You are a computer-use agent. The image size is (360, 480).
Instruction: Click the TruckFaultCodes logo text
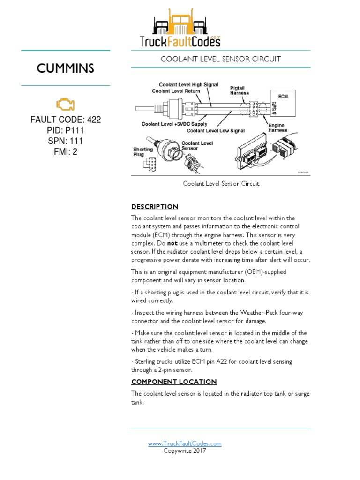click(180, 42)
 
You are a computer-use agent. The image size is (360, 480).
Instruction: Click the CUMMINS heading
click(66, 68)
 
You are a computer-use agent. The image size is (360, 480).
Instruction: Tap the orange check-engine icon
click(66, 104)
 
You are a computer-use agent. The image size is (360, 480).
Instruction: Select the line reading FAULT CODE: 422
click(66, 120)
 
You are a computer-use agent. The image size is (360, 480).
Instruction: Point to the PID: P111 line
click(66, 130)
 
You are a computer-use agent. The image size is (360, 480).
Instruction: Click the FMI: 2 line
click(66, 152)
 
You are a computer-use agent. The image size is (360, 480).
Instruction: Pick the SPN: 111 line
click(66, 141)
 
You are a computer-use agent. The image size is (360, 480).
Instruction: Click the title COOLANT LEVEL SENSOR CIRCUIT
click(221, 59)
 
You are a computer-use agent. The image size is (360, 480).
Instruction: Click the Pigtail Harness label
click(240, 90)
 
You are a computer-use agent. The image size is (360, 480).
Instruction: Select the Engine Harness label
click(277, 127)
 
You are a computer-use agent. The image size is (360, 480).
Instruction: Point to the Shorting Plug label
click(143, 152)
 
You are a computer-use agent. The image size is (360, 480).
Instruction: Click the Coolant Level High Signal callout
click(188, 85)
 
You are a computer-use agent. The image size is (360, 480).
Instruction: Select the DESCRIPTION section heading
click(155, 207)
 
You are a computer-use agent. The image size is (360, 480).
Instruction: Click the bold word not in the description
click(172, 244)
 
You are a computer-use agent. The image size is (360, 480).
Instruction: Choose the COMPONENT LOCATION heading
click(174, 382)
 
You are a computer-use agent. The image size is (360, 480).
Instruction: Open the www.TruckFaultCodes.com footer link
click(185, 443)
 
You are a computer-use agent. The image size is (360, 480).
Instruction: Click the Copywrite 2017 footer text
click(185, 451)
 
